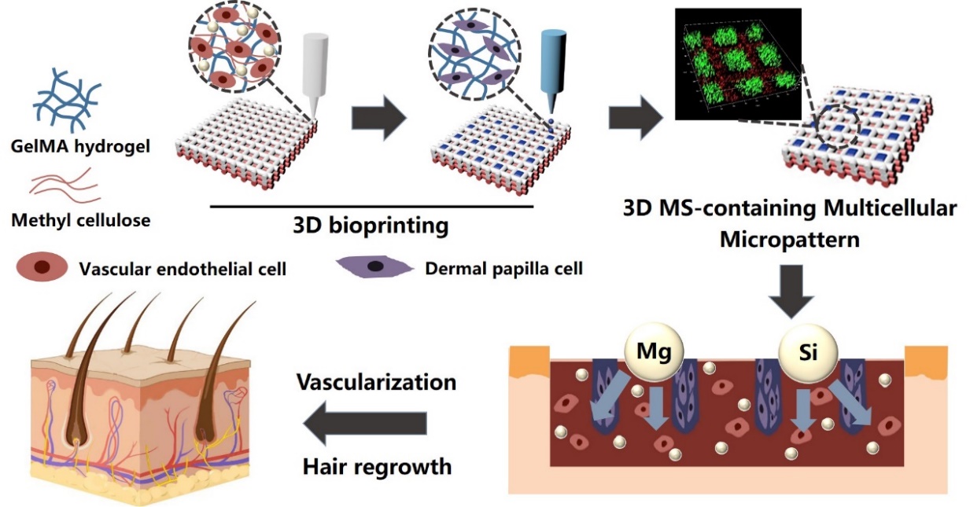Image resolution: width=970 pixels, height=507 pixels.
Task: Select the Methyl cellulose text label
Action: (x=80, y=220)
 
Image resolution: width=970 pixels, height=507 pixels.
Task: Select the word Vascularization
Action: (x=376, y=382)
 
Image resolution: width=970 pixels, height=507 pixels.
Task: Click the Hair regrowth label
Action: (x=377, y=466)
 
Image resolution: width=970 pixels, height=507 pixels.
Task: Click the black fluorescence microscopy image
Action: (x=737, y=64)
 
